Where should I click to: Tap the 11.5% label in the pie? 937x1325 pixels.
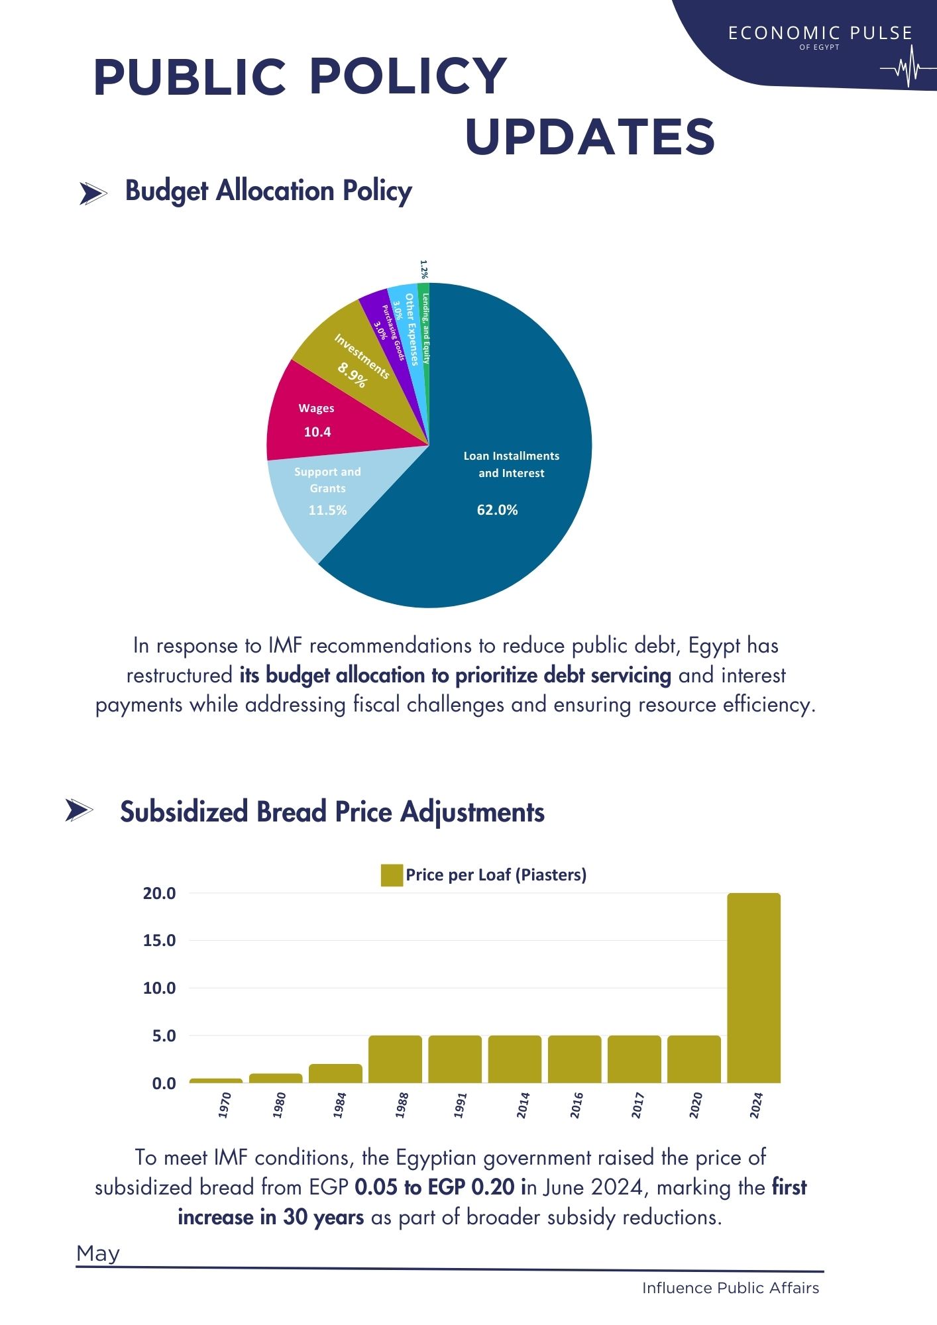327,510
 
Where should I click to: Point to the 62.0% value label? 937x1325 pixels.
497,510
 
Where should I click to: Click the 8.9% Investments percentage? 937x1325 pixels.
352,376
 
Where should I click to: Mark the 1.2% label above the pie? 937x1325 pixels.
424,268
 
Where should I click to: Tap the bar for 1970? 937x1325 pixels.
216,1081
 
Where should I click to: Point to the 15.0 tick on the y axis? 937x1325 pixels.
159,941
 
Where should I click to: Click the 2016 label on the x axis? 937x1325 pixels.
577,1105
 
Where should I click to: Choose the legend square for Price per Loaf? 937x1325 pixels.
392,875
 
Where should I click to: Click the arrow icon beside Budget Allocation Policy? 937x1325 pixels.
93,193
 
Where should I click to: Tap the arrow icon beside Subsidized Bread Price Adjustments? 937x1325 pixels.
79,810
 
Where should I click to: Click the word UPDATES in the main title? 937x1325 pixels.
590,137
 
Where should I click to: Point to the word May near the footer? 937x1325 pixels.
98,1253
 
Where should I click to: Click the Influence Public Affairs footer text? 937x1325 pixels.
730,1288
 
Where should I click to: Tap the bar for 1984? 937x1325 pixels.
335,1073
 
